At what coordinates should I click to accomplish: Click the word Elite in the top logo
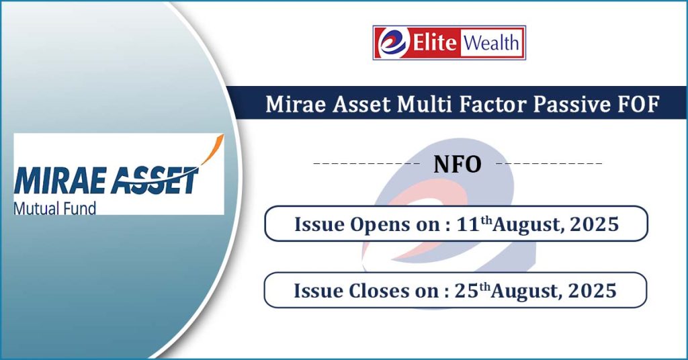tap(435, 42)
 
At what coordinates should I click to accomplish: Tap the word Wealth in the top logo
tap(491, 43)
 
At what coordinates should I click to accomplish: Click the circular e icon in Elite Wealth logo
tap(392, 42)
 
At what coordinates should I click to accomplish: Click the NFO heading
tap(457, 165)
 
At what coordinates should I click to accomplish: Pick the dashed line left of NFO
tap(367, 164)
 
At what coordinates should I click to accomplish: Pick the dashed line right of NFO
tap(549, 164)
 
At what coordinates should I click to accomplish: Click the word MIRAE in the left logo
tap(58, 180)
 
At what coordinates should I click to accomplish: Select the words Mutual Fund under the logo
tap(55, 208)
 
